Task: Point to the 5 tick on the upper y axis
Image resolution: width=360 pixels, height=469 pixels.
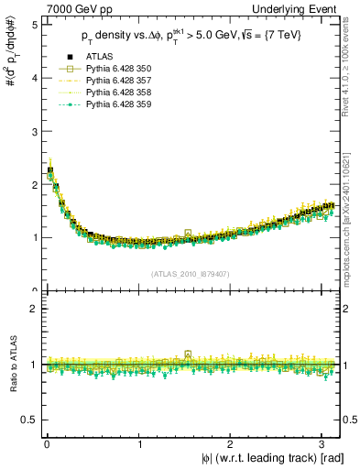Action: (33, 24)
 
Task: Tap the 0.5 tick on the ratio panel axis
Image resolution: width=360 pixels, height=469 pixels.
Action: (29, 420)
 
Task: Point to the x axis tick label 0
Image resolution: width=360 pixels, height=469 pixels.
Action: (46, 443)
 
